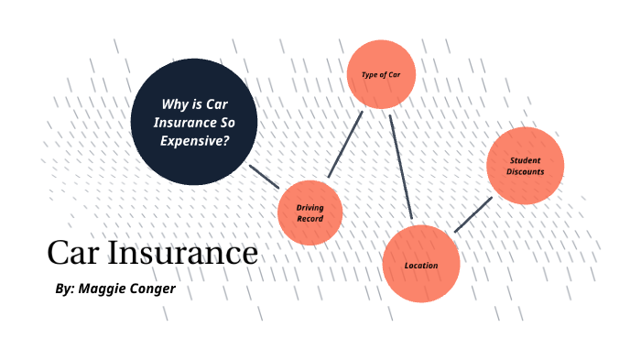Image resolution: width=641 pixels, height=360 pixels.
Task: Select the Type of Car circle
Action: click(383, 72)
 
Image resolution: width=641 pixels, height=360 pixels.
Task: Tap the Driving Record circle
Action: click(310, 213)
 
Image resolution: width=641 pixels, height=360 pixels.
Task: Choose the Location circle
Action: click(420, 265)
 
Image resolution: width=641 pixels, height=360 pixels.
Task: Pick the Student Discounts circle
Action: click(525, 166)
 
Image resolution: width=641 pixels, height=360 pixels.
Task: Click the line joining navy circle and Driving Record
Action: click(264, 177)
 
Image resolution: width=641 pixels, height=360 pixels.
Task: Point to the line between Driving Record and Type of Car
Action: click(345, 145)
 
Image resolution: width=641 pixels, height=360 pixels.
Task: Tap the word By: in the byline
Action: click(64, 289)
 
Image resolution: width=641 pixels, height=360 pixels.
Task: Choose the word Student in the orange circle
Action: click(526, 160)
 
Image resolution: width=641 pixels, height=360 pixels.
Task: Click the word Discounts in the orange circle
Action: click(526, 171)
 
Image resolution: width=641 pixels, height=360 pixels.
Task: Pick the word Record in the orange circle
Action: click(310, 219)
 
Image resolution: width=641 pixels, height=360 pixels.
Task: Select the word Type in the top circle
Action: click(370, 73)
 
